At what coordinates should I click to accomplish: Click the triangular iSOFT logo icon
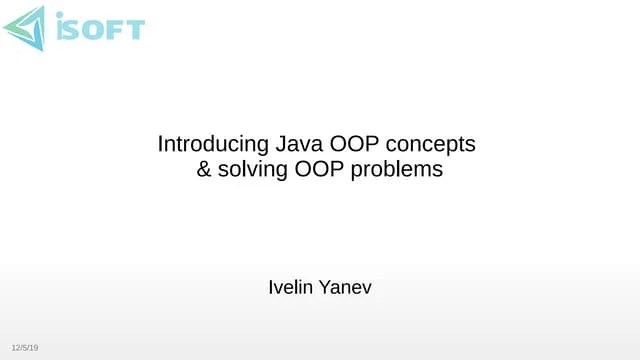(23, 28)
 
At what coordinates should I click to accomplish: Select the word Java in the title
(282, 144)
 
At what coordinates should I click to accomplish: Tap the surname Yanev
(346, 288)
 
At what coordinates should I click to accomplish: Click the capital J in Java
(267, 144)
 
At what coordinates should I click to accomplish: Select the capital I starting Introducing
(160, 144)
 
